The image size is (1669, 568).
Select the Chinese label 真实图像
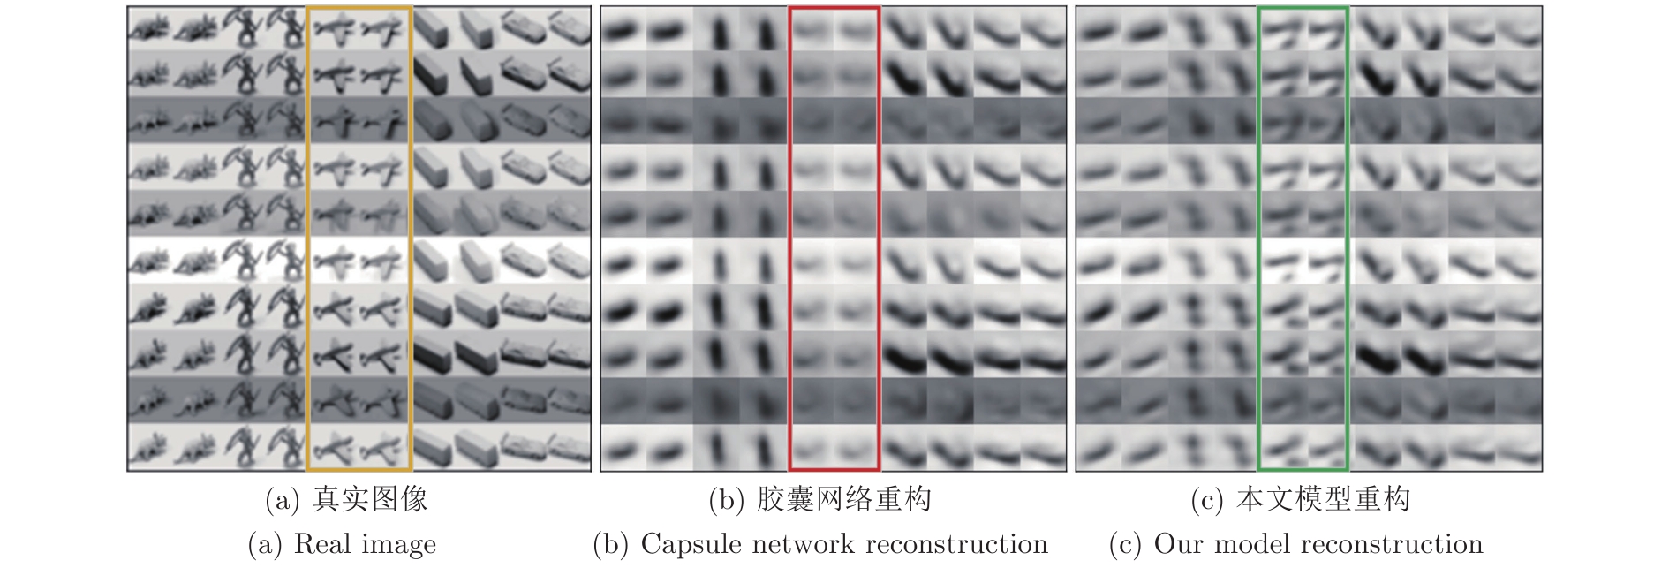[371, 500]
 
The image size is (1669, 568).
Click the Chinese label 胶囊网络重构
[844, 500]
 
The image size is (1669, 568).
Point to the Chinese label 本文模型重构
[1323, 500]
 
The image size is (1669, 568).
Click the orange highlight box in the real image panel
[306, 239]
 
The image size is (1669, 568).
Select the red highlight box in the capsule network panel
[789, 239]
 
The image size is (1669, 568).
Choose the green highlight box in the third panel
[1259, 239]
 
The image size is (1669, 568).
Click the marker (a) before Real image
[266, 545]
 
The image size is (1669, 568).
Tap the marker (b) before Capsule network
[611, 545]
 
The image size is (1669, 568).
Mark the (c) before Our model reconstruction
[1127, 545]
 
